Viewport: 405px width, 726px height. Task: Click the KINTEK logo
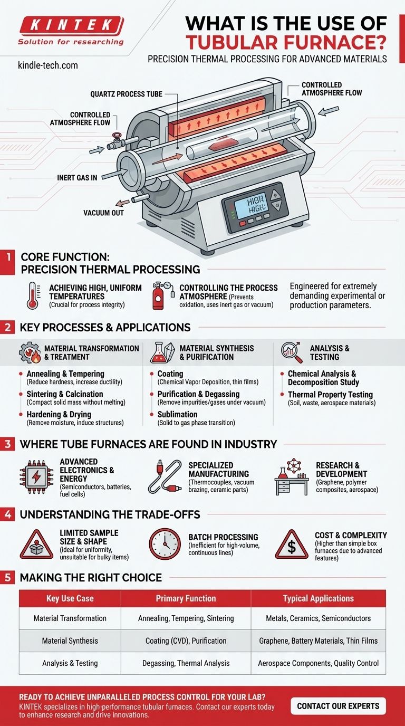click(71, 31)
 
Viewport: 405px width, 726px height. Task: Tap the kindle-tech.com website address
click(48, 65)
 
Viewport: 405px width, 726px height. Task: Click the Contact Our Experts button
click(338, 706)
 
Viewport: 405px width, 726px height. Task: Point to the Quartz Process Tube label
click(127, 94)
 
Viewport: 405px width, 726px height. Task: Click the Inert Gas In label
click(77, 178)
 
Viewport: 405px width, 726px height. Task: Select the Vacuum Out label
click(104, 213)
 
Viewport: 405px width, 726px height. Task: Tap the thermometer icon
click(33, 295)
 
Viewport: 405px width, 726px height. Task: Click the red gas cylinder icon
click(158, 296)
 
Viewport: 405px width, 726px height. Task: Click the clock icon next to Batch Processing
click(165, 544)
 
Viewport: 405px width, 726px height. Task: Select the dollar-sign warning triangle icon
click(292, 545)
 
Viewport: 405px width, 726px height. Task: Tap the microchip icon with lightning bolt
click(36, 476)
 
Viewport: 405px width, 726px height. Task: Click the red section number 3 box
click(7, 444)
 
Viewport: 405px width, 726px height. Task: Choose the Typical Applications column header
click(319, 598)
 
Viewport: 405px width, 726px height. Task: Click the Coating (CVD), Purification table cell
click(186, 641)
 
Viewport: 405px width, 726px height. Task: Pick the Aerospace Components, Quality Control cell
click(318, 663)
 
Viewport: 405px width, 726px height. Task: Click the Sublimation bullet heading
click(177, 415)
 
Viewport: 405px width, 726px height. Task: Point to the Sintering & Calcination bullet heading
click(65, 394)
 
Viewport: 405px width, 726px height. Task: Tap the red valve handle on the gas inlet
click(115, 135)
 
